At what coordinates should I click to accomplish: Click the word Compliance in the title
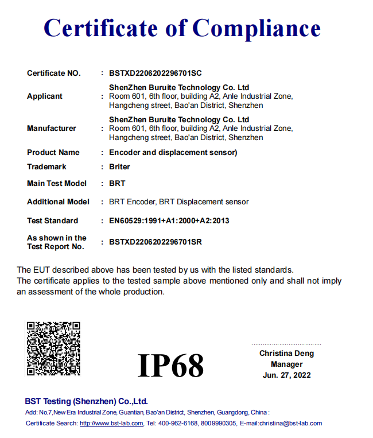256,28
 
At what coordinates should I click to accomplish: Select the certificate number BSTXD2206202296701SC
156,73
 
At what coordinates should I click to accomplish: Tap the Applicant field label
45,96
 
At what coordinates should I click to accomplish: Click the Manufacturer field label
52,129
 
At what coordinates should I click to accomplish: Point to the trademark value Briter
119,167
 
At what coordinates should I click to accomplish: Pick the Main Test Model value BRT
117,184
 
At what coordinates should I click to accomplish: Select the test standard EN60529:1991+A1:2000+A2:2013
169,221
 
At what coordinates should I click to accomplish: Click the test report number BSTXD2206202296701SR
156,242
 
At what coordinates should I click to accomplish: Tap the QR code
53,348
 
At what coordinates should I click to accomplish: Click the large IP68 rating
171,365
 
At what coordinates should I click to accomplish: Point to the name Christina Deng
286,354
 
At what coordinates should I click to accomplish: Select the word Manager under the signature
286,365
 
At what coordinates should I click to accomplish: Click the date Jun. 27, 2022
286,375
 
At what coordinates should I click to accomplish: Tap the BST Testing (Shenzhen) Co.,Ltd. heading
86,401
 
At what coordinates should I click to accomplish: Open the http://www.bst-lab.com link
111,424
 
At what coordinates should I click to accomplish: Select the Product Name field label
53,153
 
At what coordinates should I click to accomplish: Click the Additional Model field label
58,202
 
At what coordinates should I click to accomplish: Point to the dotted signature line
286,344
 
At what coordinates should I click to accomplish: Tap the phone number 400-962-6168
178,424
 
